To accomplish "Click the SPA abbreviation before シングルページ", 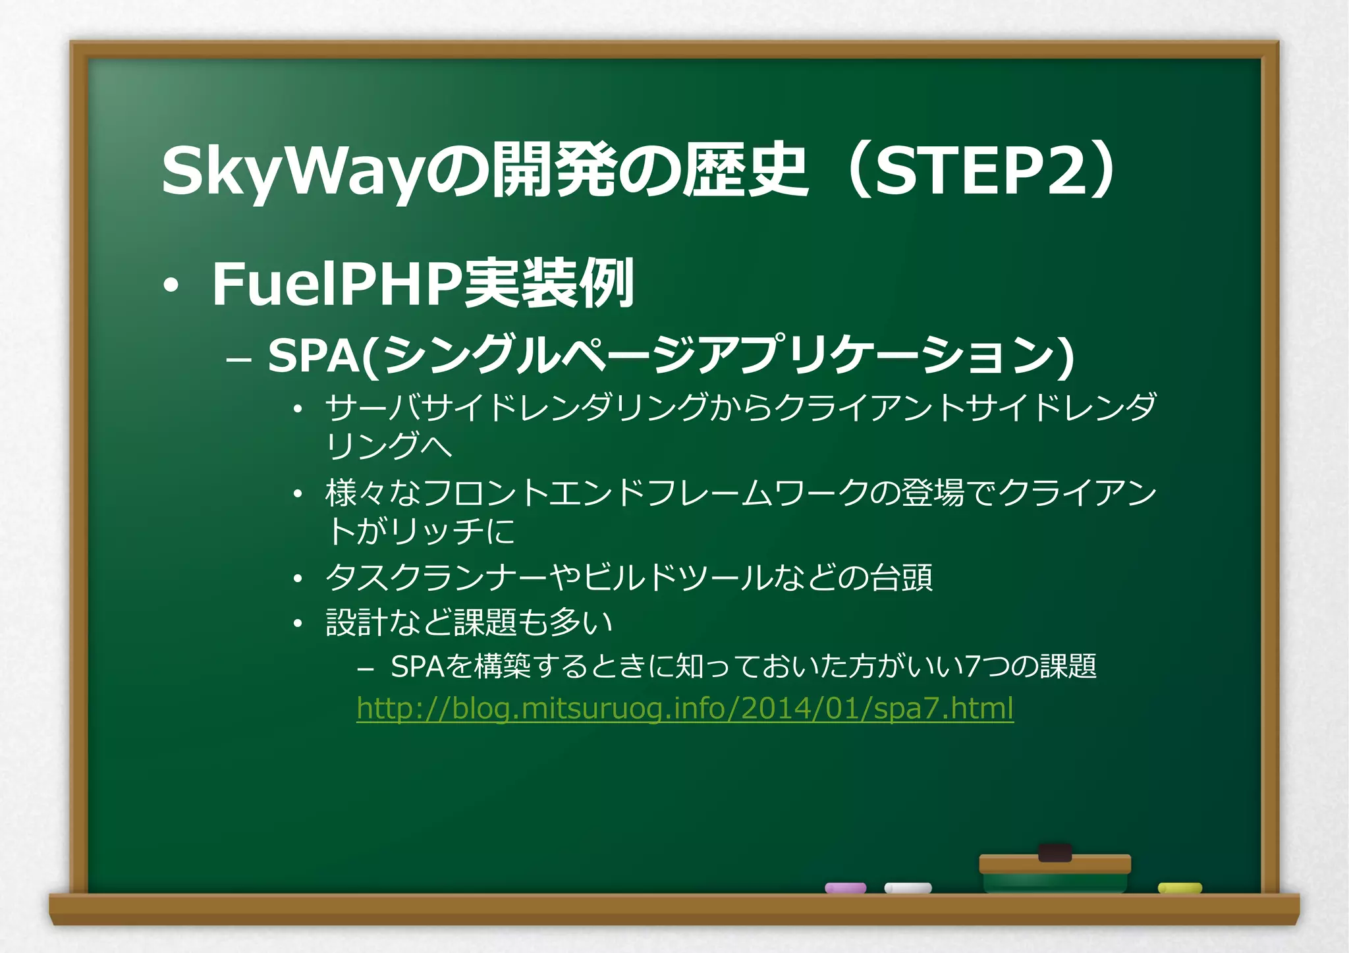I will pos(314,356).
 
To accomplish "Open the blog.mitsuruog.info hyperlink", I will pos(685,709).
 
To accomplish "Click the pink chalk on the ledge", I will pos(846,888).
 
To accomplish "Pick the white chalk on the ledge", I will pos(908,888).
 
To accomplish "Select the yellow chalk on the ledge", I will pos(1180,888).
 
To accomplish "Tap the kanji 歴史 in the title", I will pos(744,171).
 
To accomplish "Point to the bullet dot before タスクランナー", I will pos(298,579).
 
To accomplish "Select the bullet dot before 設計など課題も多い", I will pos(298,623).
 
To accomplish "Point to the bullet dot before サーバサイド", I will pos(298,410).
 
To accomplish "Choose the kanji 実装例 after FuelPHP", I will pos(549,285).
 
